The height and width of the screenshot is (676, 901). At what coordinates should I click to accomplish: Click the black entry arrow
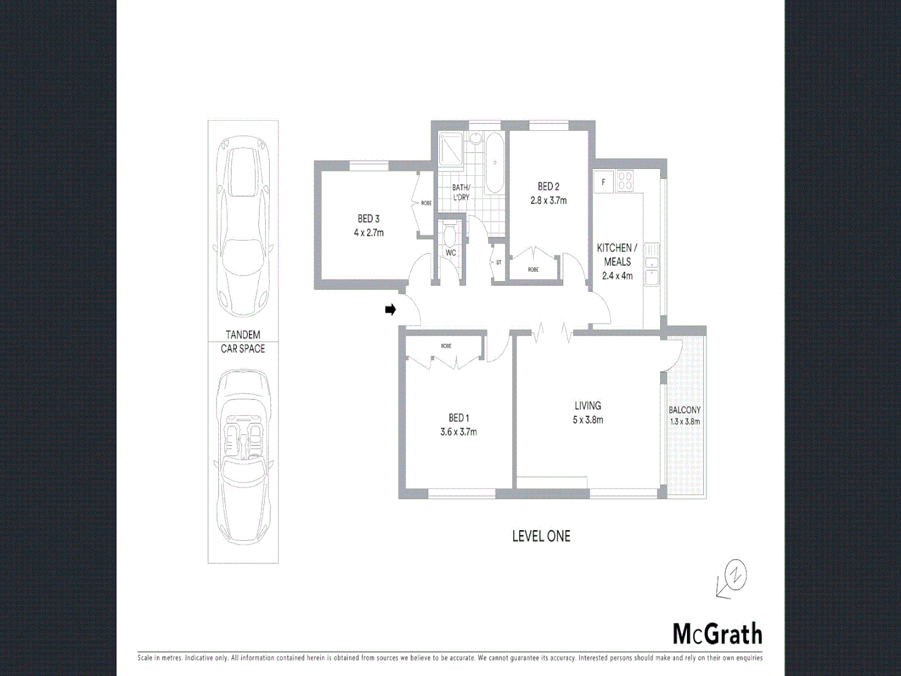390,309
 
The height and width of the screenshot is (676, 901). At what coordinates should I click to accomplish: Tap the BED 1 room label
459,424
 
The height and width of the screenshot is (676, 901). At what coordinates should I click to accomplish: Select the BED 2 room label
548,193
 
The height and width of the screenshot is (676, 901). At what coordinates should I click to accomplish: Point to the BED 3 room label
369,225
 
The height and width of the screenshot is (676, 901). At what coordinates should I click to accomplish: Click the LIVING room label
588,412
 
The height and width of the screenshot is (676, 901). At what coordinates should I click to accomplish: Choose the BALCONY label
685,416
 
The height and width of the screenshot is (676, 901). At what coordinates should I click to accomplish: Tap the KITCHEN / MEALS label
617,261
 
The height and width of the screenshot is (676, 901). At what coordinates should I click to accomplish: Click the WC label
450,253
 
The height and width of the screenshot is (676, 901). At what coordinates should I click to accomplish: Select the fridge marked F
603,182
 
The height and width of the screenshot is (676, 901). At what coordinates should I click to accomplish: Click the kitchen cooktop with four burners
625,181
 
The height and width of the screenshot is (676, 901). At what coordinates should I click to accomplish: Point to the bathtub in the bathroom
494,163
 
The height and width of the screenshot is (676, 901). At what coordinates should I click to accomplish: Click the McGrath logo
717,634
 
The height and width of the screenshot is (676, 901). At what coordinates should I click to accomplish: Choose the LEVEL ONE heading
541,536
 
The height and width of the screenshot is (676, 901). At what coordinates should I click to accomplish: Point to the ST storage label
498,263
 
